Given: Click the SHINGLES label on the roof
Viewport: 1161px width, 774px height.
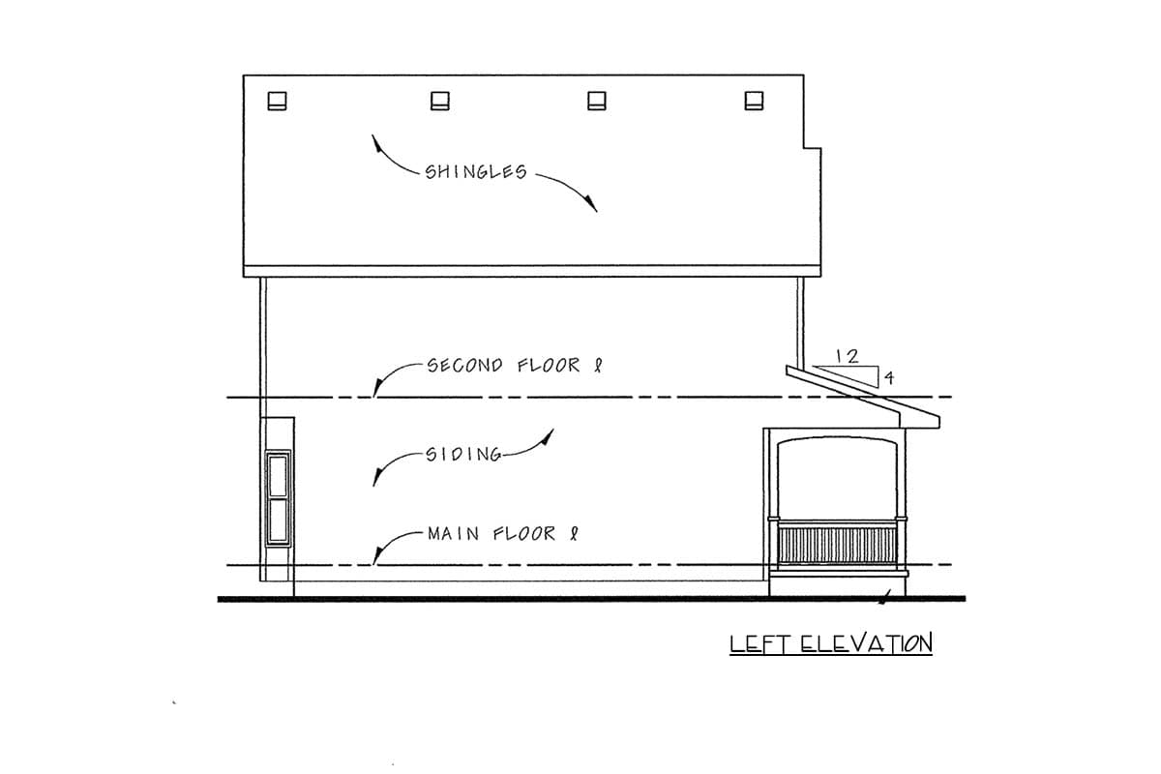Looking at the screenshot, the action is pos(476,171).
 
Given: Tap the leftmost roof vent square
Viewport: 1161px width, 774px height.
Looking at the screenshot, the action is pos(277,101).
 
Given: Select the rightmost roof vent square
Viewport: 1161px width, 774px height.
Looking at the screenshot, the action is pos(754,101).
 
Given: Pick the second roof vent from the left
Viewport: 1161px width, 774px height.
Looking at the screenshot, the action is pos(440,101).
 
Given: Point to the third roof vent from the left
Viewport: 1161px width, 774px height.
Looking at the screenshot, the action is pos(597,101).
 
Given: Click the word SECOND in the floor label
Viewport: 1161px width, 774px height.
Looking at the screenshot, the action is pos(465,366).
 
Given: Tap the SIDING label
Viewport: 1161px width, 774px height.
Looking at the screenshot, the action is pos(463,455).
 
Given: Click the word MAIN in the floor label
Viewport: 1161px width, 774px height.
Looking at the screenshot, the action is pos(453,533).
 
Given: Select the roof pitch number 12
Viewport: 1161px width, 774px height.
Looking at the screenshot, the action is pos(848,356).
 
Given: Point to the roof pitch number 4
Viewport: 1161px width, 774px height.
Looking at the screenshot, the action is pos(889,378).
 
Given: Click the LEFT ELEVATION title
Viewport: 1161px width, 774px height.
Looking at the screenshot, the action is pos(831,644).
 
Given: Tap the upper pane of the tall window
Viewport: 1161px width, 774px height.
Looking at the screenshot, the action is pos(278,475).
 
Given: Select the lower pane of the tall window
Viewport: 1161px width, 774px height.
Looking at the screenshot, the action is pos(278,520).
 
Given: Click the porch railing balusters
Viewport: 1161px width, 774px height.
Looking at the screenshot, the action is pos(838,546).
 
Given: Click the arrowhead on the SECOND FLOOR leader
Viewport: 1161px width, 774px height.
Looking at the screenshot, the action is pos(377,388).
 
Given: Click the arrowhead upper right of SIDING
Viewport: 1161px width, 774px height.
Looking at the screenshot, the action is pos(548,437).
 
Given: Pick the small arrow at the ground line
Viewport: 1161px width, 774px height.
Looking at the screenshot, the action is pos(884,598).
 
